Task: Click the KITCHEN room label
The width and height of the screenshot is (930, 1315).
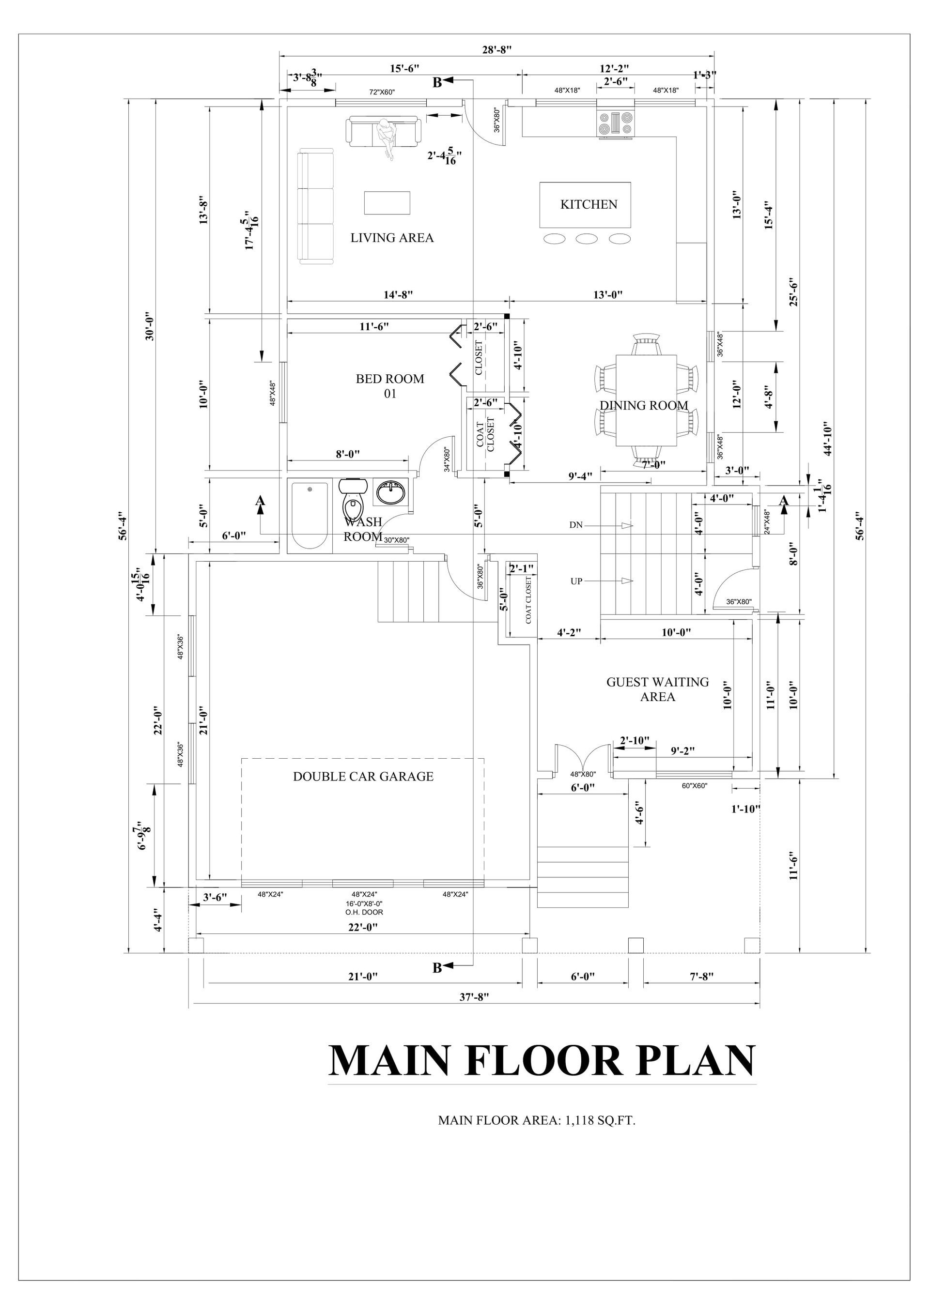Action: (x=589, y=204)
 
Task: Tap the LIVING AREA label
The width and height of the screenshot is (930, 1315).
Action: (x=392, y=238)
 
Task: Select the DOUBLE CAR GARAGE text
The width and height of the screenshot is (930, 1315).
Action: (x=363, y=777)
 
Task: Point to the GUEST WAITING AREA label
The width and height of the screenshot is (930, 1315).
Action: (x=658, y=689)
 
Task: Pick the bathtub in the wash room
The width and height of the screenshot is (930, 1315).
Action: (x=310, y=516)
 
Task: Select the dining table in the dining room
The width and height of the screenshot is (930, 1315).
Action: (x=646, y=400)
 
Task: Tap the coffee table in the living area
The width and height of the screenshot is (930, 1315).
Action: (x=387, y=203)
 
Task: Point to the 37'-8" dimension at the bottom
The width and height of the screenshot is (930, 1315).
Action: (x=474, y=996)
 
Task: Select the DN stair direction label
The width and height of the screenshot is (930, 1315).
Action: (x=576, y=525)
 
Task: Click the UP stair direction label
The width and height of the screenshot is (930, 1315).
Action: (x=576, y=581)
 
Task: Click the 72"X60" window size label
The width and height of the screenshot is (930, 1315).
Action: (x=382, y=92)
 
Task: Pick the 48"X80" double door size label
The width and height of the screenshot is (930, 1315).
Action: (x=583, y=774)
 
